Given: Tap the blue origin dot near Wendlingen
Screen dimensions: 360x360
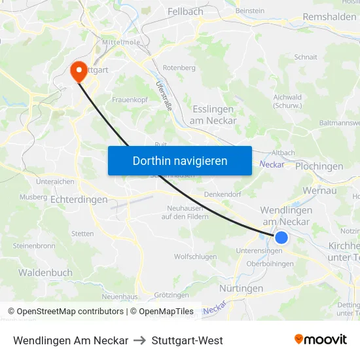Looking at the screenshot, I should tap(281, 237).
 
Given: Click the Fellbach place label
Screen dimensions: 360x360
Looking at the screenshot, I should tap(185, 12).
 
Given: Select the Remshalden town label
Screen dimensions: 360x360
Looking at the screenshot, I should tap(329, 17).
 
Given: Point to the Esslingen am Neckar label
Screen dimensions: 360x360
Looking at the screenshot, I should tap(213, 115).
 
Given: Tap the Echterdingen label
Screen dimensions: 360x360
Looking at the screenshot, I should tap(79, 199).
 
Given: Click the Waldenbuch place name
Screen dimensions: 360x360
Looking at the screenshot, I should tap(45, 272).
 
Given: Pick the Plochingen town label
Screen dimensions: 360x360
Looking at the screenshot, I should tap(319, 166).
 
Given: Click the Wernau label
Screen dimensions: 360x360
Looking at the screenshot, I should tap(319, 190).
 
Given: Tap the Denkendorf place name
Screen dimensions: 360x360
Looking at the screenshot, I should tap(223, 194).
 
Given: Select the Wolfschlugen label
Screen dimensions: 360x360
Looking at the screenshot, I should tap(195, 257).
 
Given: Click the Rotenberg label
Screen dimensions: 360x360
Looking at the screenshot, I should tap(179, 67).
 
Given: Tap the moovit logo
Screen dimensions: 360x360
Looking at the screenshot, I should tap(320, 340).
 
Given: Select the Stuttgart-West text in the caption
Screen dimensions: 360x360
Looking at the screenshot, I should tap(187, 340).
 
